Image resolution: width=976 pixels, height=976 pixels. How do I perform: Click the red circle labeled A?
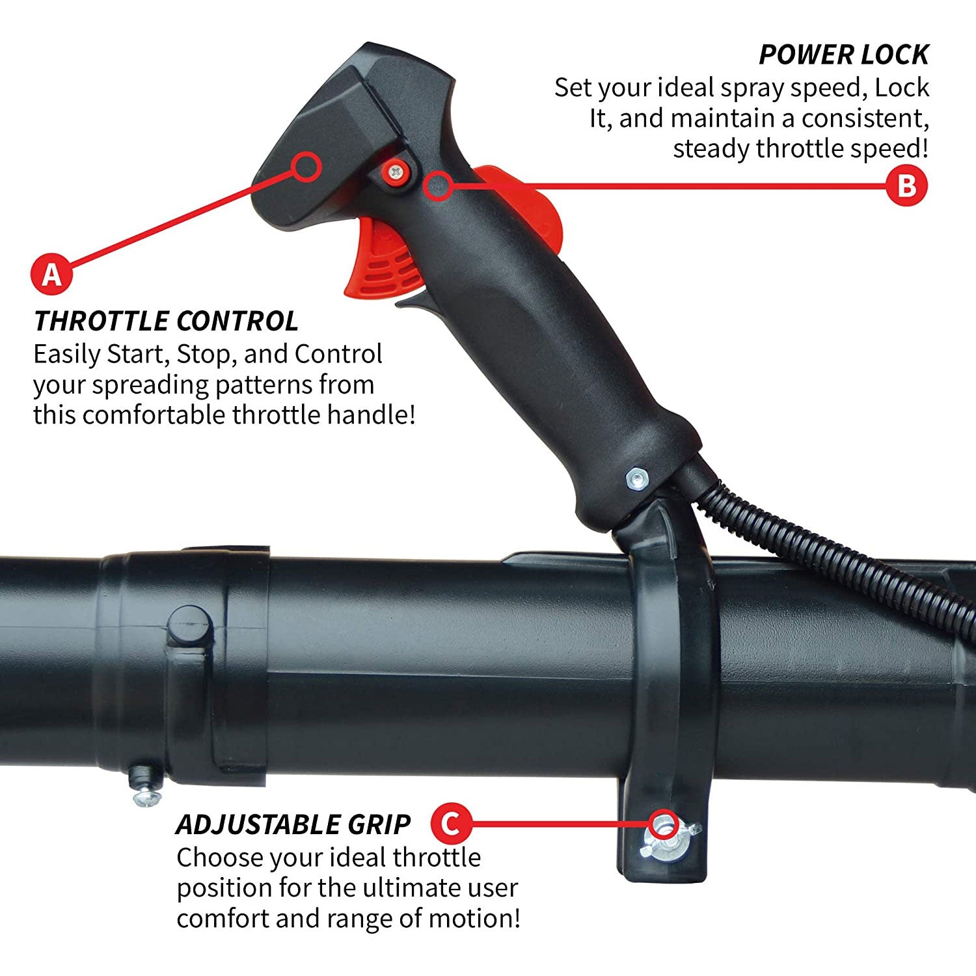51,274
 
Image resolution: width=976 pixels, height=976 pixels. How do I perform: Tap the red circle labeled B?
906,186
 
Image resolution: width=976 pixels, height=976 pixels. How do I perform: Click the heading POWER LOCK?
844,55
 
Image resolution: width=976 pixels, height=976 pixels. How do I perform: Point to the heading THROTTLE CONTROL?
166,321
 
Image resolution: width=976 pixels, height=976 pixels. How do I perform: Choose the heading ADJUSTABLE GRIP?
293,824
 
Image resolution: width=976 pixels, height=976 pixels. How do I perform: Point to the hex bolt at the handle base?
636,479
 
